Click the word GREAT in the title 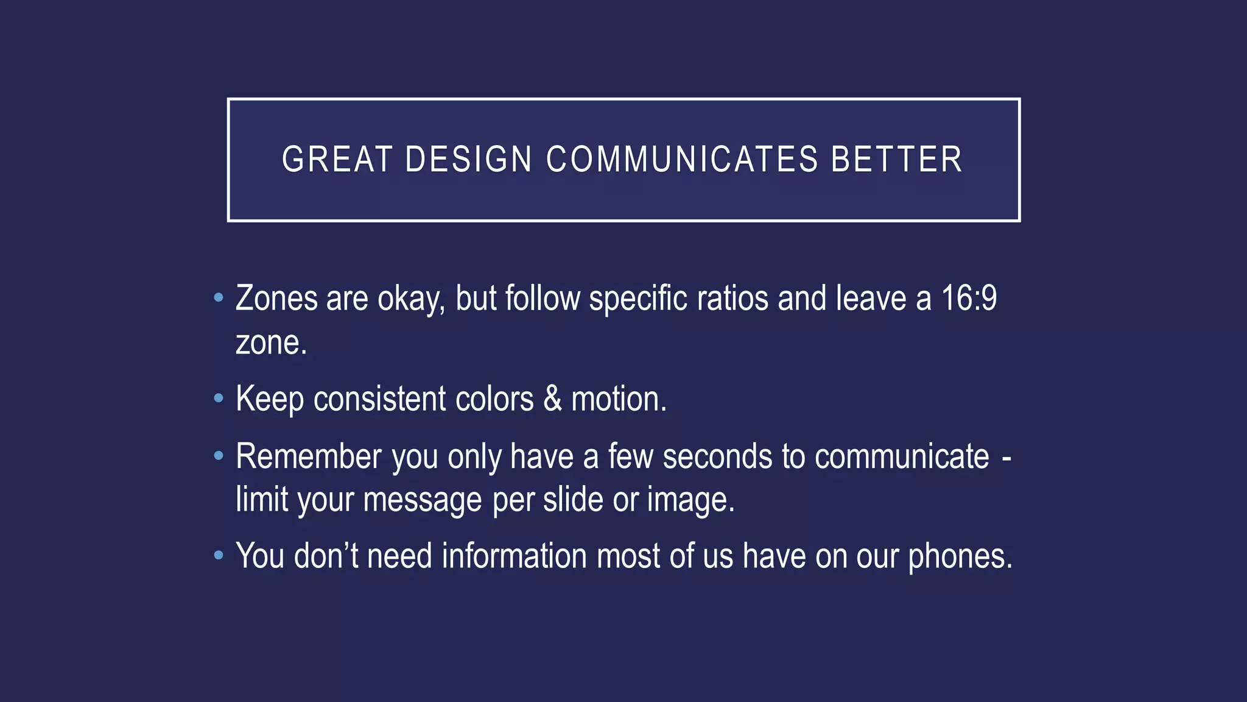tap(337, 160)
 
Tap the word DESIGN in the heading tap(468, 160)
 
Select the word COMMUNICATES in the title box tap(682, 160)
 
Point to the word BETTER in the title tap(896, 160)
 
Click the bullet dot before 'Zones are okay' tap(219, 299)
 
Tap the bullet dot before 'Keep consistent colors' tap(219, 399)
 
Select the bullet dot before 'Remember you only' tap(219, 456)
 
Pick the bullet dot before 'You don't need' tap(219, 556)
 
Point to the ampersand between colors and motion tap(552, 399)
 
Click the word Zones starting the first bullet tap(276, 299)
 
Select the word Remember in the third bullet tap(309, 456)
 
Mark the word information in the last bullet tap(515, 556)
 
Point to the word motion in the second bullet tap(618, 399)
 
